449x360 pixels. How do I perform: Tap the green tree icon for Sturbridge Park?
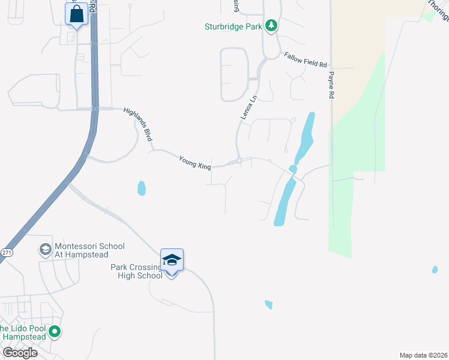point(271,25)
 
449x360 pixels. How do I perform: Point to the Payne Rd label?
point(330,84)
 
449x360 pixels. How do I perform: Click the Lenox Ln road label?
point(249,107)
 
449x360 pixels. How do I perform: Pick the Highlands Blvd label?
point(138,124)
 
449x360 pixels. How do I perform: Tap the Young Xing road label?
point(195,162)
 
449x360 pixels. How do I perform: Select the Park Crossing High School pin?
point(172,260)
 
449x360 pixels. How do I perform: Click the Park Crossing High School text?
point(136,271)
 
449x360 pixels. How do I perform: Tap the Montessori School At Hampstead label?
point(89,250)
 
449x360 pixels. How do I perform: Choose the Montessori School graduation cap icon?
point(45,249)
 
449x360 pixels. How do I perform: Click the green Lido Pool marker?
point(55,331)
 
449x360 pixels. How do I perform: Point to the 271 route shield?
point(6,253)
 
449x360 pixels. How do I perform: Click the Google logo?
point(20,353)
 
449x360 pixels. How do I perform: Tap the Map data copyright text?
point(423,355)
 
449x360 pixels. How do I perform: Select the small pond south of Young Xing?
point(142,188)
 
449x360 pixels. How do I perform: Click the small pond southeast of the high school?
point(268,305)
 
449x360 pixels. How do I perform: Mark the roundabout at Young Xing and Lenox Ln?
point(239,161)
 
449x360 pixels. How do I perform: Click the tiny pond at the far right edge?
point(435,270)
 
